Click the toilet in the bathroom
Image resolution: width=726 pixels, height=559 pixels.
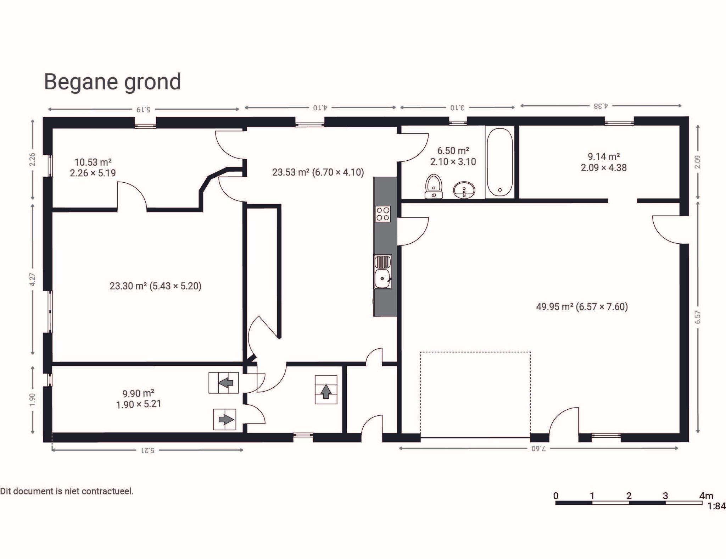434,186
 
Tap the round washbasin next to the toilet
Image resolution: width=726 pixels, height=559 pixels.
464,190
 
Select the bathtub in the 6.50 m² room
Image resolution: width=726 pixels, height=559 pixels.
499,162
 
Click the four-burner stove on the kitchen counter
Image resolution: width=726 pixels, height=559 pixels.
383,214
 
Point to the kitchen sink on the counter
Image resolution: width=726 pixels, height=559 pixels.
383,272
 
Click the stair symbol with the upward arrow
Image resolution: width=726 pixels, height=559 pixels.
326,390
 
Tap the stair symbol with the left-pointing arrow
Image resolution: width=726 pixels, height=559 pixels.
223,383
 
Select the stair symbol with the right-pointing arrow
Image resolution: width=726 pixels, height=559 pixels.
225,420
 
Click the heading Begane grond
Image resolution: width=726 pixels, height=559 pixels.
112,82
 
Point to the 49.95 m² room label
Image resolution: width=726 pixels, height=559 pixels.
582,306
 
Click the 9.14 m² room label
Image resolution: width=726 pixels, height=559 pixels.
603,156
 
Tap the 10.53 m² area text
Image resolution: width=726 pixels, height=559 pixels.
93,162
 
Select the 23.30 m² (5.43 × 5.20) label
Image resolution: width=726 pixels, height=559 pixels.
155,286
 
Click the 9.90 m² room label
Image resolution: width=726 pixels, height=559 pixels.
138,393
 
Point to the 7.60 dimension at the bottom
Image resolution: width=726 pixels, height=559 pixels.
539,449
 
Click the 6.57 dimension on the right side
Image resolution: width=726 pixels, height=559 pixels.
697,317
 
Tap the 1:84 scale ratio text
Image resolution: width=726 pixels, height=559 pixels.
716,506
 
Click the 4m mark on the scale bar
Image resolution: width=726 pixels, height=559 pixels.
706,496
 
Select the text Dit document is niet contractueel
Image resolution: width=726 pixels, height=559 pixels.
67,491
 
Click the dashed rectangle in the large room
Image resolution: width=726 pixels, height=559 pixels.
475,394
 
